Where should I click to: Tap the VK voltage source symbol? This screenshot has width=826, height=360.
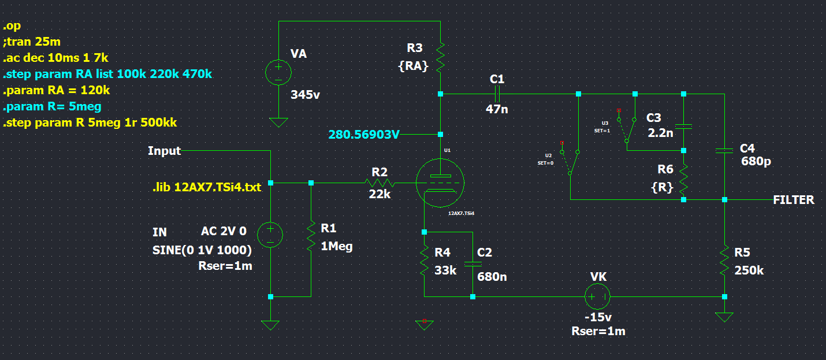pyautogui.click(x=597, y=297)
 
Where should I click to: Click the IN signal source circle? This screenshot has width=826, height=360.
pyautogui.click(x=270, y=235)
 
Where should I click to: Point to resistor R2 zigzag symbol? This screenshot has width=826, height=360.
pyautogui.click(x=380, y=183)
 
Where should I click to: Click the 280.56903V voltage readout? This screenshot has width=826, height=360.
pyautogui.click(x=364, y=135)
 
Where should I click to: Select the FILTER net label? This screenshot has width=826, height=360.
pyautogui.click(x=793, y=200)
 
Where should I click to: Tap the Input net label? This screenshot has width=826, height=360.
pyautogui.click(x=164, y=151)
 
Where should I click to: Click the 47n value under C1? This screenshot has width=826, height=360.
pyautogui.click(x=497, y=109)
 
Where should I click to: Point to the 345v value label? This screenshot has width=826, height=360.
pyautogui.click(x=306, y=95)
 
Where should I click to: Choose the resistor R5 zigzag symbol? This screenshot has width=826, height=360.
pyautogui.click(x=724, y=261)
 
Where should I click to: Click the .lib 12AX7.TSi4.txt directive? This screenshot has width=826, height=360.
pyautogui.click(x=206, y=187)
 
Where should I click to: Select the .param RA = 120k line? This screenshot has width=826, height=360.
pyautogui.click(x=57, y=90)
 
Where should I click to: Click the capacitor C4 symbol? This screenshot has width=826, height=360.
pyautogui.click(x=724, y=150)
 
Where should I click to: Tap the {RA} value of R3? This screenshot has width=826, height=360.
pyautogui.click(x=413, y=66)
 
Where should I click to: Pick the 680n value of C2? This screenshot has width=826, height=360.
pyautogui.click(x=492, y=276)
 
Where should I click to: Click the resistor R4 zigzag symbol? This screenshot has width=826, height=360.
pyautogui.click(x=424, y=261)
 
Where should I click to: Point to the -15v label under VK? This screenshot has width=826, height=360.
pyautogui.click(x=597, y=318)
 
